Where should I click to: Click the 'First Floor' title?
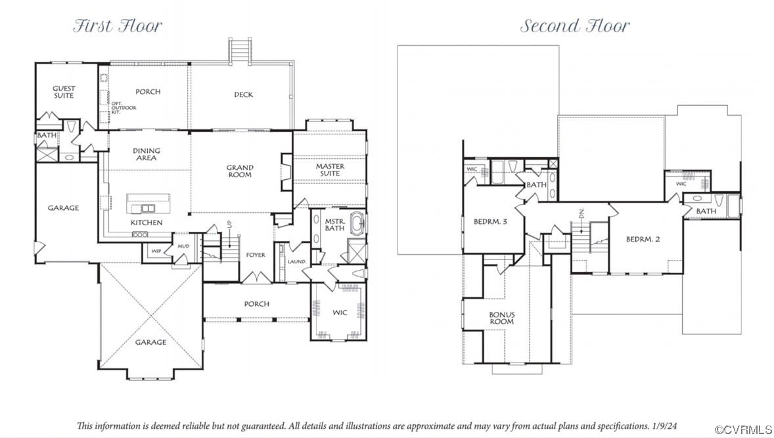(118, 26)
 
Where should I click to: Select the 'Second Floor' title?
(575, 26)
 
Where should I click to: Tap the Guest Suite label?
(64, 92)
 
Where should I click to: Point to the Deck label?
(243, 95)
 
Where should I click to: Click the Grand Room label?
(240, 171)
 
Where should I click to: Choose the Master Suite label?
(330, 169)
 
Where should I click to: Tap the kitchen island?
(148, 204)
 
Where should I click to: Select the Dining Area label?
(147, 154)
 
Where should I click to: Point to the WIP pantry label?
(156, 251)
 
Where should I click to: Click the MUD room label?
(183, 246)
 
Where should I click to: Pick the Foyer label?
(256, 255)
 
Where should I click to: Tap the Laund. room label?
(297, 261)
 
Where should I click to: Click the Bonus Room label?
(502, 318)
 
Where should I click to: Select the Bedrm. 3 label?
(490, 221)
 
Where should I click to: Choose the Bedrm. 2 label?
(643, 239)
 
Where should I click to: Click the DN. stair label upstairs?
(581, 213)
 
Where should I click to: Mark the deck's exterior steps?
(240, 51)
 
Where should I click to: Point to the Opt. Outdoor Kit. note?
(124, 108)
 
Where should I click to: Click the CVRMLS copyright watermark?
(743, 429)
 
